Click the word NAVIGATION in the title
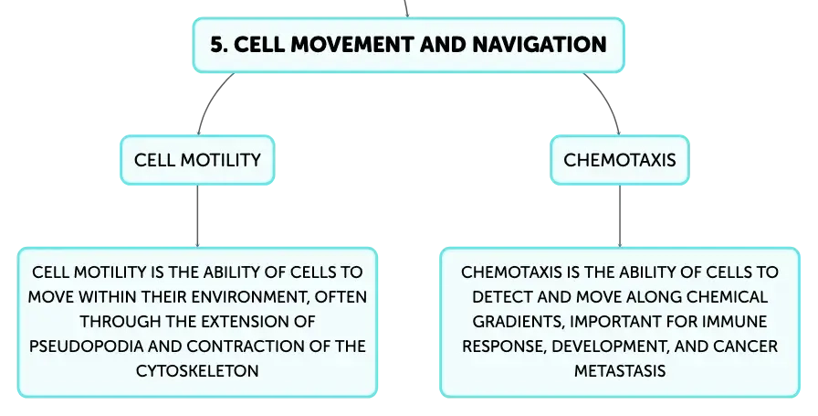click(x=540, y=45)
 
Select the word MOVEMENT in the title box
click(x=352, y=45)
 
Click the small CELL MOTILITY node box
click(x=197, y=160)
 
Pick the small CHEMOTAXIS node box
click(x=620, y=160)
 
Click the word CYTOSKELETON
click(x=197, y=370)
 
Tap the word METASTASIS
click(x=620, y=370)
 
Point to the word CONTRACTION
click(x=246, y=346)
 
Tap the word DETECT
click(x=502, y=297)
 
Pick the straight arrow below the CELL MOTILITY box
click(x=197, y=216)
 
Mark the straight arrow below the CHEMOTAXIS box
click(x=620, y=216)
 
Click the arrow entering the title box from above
click(x=406, y=9)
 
